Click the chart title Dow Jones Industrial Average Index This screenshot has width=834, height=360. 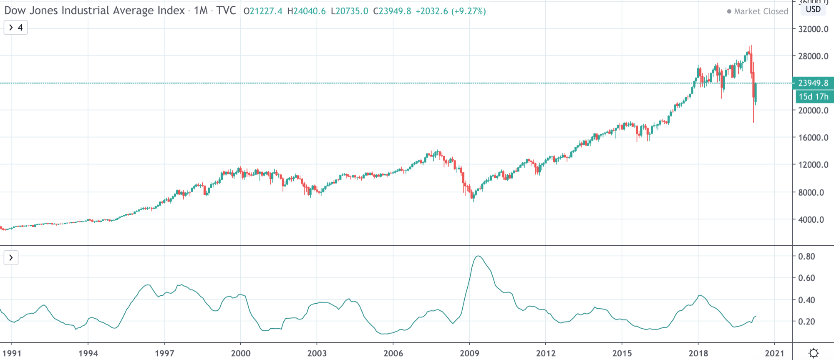pos(94,10)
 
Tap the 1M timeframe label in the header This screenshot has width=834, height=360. pos(201,10)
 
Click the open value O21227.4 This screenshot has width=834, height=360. pos(263,11)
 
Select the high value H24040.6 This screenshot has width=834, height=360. pos(306,11)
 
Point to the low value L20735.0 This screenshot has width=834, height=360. pos(349,11)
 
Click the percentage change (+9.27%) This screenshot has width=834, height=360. pos(469,11)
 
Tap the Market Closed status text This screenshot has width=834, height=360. pos(761,11)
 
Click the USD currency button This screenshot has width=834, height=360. pos(813,9)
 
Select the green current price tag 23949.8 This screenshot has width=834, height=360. pos(813,83)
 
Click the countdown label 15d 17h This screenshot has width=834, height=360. pos(813,97)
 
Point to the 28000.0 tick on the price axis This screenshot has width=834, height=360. pos(813,56)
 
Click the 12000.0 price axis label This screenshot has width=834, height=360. pos(813,165)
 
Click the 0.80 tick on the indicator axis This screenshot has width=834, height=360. pos(806,257)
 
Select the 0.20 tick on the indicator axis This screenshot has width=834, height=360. pos(806,322)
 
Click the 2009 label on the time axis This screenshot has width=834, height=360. pos(469,353)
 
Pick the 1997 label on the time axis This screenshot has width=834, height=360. pos(164,353)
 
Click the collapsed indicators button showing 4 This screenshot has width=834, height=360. pos(15,28)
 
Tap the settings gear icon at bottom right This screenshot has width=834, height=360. pos(813,353)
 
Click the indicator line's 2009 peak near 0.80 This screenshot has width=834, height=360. pos(478,256)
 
